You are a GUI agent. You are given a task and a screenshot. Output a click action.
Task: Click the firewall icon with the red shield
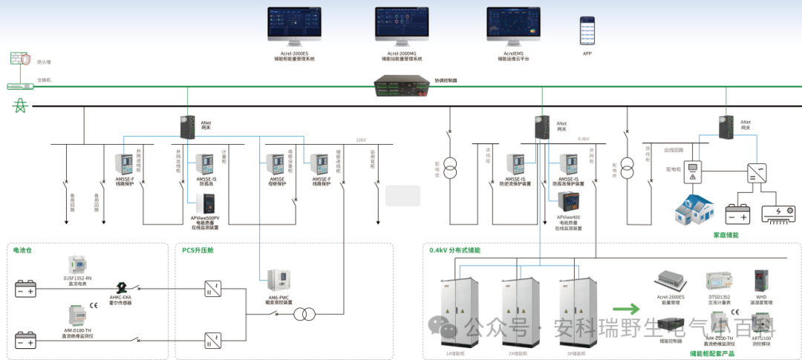pos(19,59)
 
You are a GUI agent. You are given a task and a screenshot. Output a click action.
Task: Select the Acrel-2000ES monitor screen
pos(294,28)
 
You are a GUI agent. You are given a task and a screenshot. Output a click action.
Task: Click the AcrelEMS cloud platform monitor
pos(513,28)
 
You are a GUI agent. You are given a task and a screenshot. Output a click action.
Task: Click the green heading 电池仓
pos(22,250)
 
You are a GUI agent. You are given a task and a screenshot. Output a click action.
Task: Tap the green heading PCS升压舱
pos(198,250)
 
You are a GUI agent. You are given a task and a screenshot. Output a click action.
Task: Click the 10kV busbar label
pos(361,140)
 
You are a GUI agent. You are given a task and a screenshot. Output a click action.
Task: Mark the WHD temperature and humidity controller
pos(760,281)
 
